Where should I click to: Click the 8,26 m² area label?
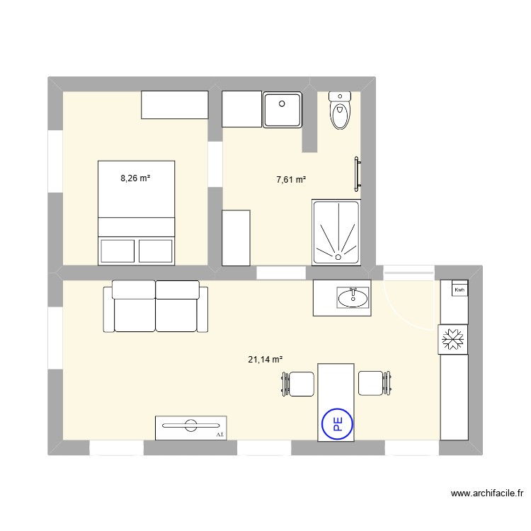[x=135, y=178]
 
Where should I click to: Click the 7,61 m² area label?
[x=291, y=181]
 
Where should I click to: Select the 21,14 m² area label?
[x=265, y=360]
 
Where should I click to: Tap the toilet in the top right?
[x=341, y=110]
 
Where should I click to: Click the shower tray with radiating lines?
[x=336, y=233]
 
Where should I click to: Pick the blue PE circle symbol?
[x=336, y=424]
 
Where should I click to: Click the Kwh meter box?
[x=459, y=290]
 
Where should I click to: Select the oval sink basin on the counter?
[x=353, y=297]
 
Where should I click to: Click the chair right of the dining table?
[x=372, y=383]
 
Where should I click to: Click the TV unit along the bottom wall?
[x=190, y=427]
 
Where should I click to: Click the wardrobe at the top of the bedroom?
[x=174, y=105]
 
